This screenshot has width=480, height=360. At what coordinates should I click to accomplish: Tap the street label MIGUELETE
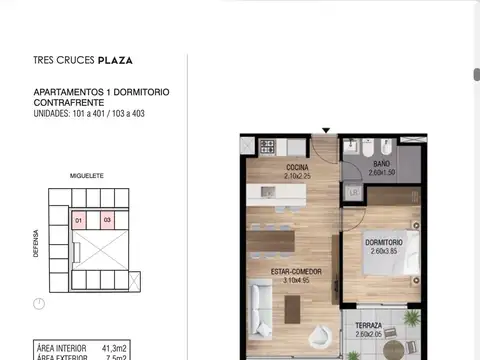point(86,174)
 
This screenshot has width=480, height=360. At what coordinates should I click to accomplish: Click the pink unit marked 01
point(78,219)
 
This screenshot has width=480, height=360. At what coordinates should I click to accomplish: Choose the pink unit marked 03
point(107,219)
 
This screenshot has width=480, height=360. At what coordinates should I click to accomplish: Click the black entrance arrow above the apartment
point(324,129)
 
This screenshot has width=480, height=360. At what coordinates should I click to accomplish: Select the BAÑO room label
point(381,164)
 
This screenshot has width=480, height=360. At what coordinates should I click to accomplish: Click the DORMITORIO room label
point(385,242)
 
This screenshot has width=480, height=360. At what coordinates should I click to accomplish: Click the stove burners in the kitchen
point(268,147)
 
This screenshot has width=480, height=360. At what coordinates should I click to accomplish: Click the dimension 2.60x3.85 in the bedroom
point(385,251)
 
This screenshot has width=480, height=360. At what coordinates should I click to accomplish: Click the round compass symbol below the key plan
point(38,303)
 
